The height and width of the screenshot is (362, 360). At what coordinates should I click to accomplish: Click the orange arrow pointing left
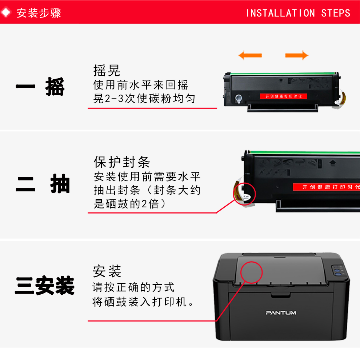click(250, 55)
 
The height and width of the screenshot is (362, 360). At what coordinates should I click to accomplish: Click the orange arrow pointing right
click(297, 55)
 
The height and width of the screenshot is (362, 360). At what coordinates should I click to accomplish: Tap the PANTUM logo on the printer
click(281, 313)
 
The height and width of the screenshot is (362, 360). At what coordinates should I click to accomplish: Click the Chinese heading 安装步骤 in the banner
click(39, 13)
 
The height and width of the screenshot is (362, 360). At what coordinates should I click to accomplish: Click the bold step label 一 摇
click(40, 87)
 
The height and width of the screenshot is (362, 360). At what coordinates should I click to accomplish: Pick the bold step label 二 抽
click(43, 184)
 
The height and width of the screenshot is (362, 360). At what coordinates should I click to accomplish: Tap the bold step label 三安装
click(44, 286)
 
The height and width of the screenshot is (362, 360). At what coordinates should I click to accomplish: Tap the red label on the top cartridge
click(283, 96)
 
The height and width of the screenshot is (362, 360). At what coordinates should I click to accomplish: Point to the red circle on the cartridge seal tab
click(244, 194)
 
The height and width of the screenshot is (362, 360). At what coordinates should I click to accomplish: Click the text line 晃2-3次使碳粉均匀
click(144, 99)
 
